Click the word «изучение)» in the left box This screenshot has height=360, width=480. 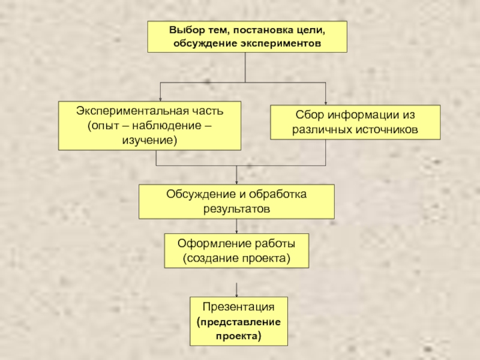[150, 140]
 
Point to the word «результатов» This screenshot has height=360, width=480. [236, 209]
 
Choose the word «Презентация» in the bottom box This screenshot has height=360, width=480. [238, 307]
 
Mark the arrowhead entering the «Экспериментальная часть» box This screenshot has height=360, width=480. [160, 99]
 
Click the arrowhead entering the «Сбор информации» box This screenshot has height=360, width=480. [325, 103]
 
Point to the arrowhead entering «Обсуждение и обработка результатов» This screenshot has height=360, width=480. [237, 182]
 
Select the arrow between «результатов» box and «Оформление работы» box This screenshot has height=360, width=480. [237, 226]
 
